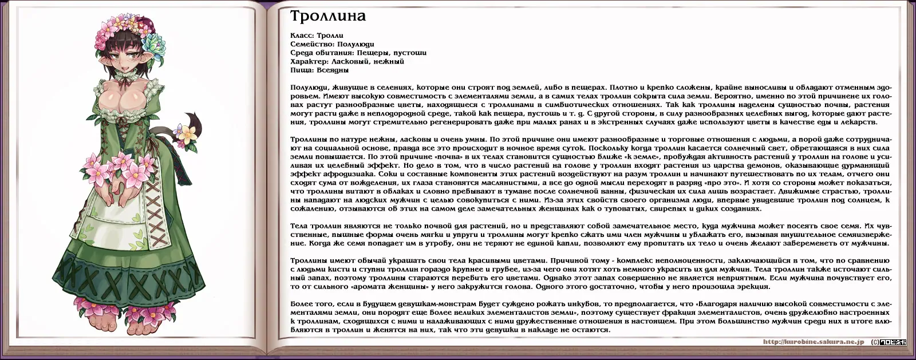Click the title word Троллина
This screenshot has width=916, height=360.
[x=327, y=16]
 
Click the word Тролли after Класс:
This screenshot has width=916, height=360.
[x=330, y=35]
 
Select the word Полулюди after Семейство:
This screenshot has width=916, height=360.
[x=356, y=44]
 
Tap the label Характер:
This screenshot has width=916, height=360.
[x=310, y=61]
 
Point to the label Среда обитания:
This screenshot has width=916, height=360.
[x=321, y=53]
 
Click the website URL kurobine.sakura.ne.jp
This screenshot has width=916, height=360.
[x=814, y=342]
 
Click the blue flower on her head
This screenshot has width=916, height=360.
[x=155, y=39]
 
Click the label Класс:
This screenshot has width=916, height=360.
[x=302, y=35]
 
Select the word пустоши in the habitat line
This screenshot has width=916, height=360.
[x=410, y=53]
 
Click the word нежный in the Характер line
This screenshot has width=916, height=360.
[x=389, y=61]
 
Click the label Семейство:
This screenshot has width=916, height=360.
[x=311, y=44]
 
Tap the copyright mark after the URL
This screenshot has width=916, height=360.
[x=875, y=342]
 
